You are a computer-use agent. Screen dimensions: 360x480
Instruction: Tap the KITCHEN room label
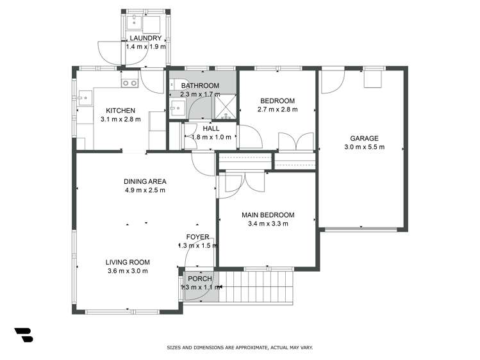coord(120,110)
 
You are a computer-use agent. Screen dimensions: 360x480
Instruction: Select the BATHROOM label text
coord(200,86)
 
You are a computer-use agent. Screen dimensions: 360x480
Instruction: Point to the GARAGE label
coord(363,138)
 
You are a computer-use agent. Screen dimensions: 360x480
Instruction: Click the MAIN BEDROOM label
coord(267,215)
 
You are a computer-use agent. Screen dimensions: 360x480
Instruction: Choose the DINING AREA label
coord(145,181)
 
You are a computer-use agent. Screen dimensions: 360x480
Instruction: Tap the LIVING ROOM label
coord(128,262)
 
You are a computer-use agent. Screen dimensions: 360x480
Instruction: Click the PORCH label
coord(200,279)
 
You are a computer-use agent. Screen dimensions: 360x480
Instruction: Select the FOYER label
coord(198,237)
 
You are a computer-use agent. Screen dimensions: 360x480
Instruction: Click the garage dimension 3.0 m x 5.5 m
coord(363,147)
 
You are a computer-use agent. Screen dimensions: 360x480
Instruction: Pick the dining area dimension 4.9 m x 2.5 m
coord(145,190)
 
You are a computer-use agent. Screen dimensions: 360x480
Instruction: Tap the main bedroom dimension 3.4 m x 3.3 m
coord(267,224)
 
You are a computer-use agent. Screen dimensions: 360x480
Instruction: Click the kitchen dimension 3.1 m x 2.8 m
coord(120,119)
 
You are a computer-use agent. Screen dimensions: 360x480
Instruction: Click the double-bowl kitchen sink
coord(129,82)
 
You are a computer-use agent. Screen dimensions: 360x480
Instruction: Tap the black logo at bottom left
coord(24,334)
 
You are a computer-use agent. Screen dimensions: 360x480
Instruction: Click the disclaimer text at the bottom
coord(240,348)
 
